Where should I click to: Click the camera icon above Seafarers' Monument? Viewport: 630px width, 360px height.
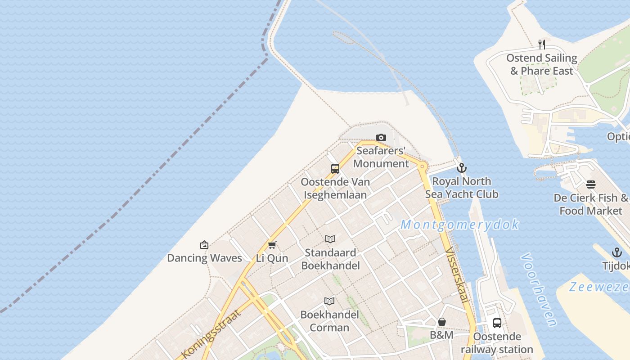[381, 137]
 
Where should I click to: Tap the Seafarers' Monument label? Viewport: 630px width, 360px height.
[381, 157]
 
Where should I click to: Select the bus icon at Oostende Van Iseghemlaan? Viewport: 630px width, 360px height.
[335, 169]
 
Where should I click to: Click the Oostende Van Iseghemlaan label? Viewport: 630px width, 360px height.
[335, 189]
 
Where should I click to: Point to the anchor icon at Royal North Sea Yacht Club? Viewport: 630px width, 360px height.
[461, 168]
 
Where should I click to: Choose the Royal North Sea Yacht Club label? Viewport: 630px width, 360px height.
[462, 188]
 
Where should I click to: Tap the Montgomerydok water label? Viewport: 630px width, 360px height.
[459, 225]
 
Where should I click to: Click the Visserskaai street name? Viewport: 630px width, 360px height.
[457, 276]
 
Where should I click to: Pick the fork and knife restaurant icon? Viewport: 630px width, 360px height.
[542, 45]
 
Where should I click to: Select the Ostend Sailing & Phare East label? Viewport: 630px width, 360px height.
[542, 64]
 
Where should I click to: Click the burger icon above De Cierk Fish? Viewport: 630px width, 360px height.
[591, 184]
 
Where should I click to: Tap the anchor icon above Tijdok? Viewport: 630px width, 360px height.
[616, 252]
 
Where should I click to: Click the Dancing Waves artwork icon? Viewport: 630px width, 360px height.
[204, 245]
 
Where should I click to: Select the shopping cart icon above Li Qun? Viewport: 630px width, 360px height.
[272, 245]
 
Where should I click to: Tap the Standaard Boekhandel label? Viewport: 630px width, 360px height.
[330, 259]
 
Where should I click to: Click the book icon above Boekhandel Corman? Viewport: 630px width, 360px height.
[330, 301]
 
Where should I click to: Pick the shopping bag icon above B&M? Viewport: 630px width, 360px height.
[442, 322]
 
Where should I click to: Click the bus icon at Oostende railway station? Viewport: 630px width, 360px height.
[497, 323]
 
